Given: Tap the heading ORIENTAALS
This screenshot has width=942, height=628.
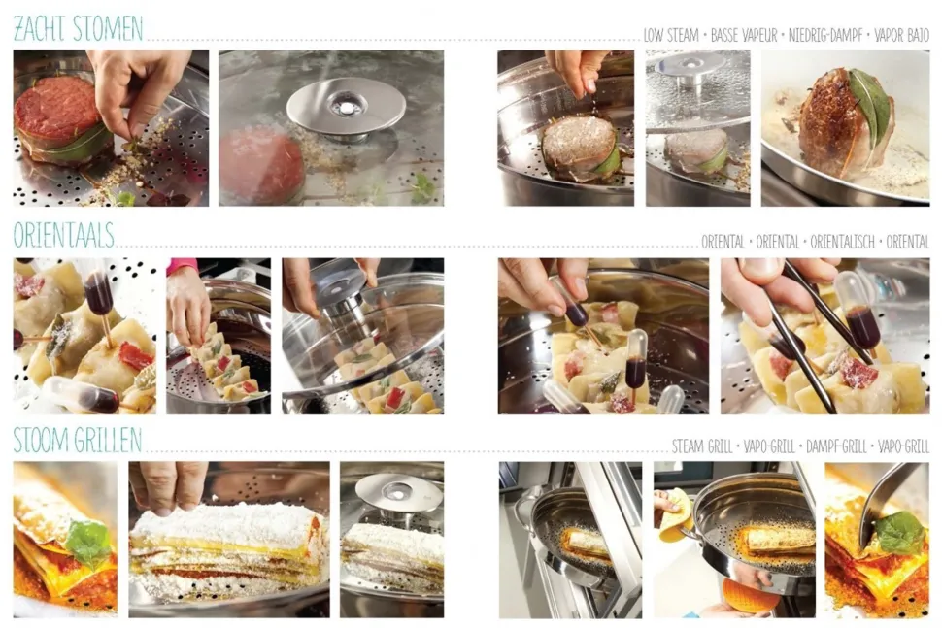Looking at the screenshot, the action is tap(64, 235).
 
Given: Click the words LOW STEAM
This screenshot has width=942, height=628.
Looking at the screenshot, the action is tap(671, 35).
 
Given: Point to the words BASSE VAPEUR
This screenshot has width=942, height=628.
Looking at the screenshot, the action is tap(744, 35).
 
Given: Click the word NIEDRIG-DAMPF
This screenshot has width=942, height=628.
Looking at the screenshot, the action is tap(825, 35).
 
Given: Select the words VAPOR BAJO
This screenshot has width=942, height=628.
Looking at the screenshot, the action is tap(902, 35).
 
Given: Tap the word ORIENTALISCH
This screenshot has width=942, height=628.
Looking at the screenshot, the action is tap(842, 242).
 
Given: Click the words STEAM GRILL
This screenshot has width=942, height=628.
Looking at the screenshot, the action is tap(702, 446).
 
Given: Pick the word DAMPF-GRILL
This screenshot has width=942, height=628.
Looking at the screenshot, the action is tap(836, 446).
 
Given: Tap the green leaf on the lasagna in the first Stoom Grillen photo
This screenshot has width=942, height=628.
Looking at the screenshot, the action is tap(88, 543).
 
